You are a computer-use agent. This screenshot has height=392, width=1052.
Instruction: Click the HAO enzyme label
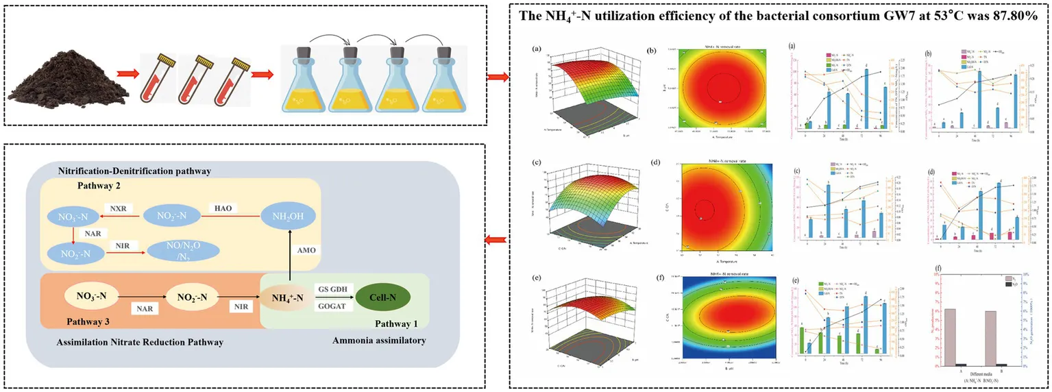click(x=219, y=207)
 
